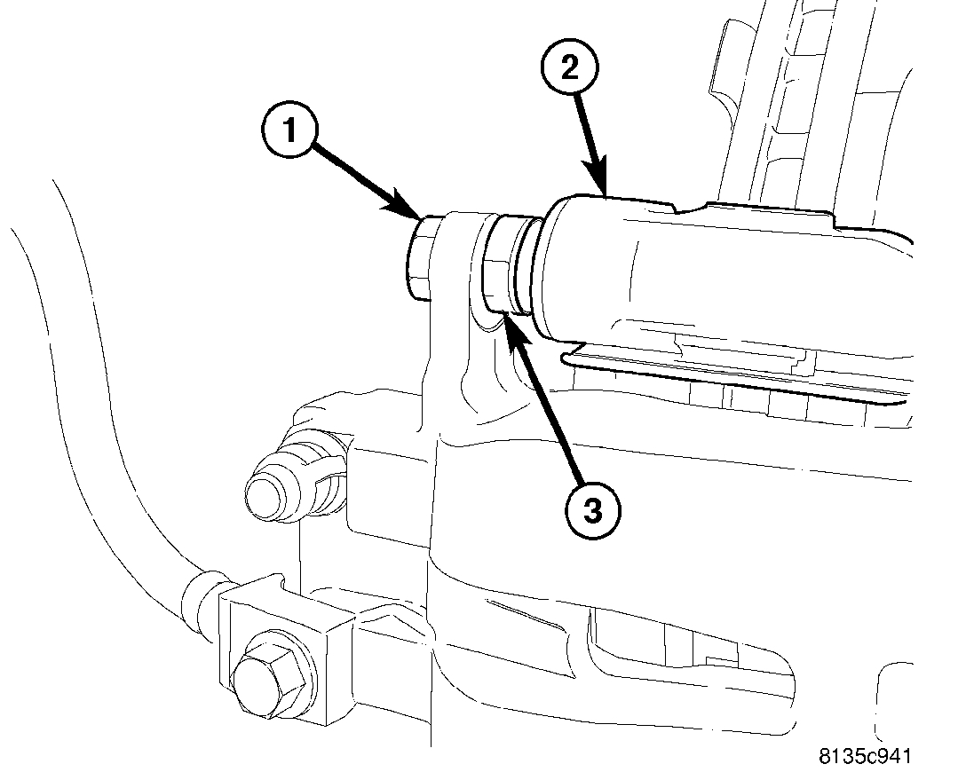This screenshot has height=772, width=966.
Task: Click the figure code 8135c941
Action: pyautogui.click(x=865, y=756)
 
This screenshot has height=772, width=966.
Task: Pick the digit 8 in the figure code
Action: pyautogui.click(x=825, y=756)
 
